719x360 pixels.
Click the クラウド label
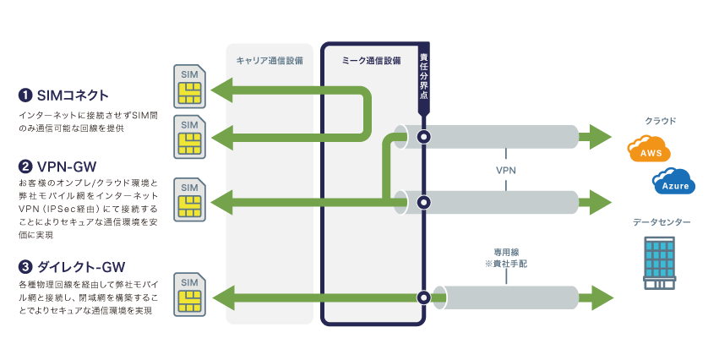(660, 122)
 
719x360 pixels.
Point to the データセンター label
(661, 222)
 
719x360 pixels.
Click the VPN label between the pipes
(506, 169)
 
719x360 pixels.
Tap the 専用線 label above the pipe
(505, 252)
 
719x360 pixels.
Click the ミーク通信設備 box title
(371, 61)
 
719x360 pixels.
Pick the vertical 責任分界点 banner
(424, 78)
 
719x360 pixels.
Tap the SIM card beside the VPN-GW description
(188, 199)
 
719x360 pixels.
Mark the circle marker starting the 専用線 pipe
(424, 297)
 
